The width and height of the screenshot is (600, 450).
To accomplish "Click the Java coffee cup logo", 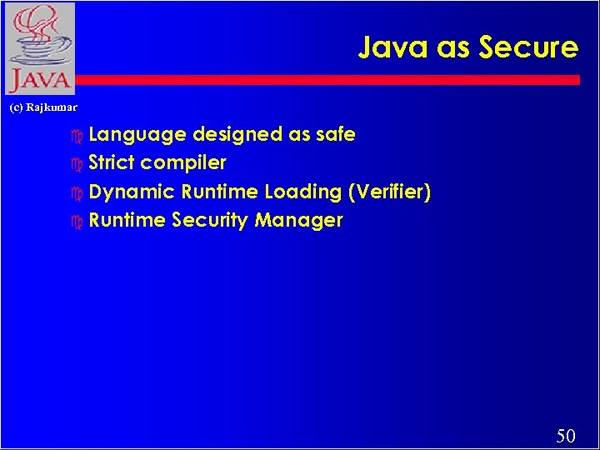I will pos(38,48).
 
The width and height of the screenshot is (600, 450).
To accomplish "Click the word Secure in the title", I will pos(528,47).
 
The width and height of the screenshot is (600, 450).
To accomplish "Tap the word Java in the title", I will pos(394,47).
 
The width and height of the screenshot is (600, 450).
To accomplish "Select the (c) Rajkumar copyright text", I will pos(42,107).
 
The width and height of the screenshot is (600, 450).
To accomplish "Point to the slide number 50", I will pos(566,435).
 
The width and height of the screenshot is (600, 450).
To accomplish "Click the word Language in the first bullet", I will pos(137,135).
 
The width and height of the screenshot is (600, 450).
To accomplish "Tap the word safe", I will pos(335,134).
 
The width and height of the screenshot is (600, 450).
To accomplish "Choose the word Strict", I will pos(112,162).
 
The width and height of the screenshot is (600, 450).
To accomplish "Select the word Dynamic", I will pos(132,192).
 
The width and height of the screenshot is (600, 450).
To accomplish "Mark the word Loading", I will pos(303,192).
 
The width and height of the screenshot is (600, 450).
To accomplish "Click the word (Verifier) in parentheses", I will pos(390,192).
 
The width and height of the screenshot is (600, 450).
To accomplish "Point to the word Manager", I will pos(299,221).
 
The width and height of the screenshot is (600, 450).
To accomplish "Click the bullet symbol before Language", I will pos(78,135).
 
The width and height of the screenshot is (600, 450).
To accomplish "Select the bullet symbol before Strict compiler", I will pos(78,163).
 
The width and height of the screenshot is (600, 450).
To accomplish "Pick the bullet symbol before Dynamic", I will pos(78,192).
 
